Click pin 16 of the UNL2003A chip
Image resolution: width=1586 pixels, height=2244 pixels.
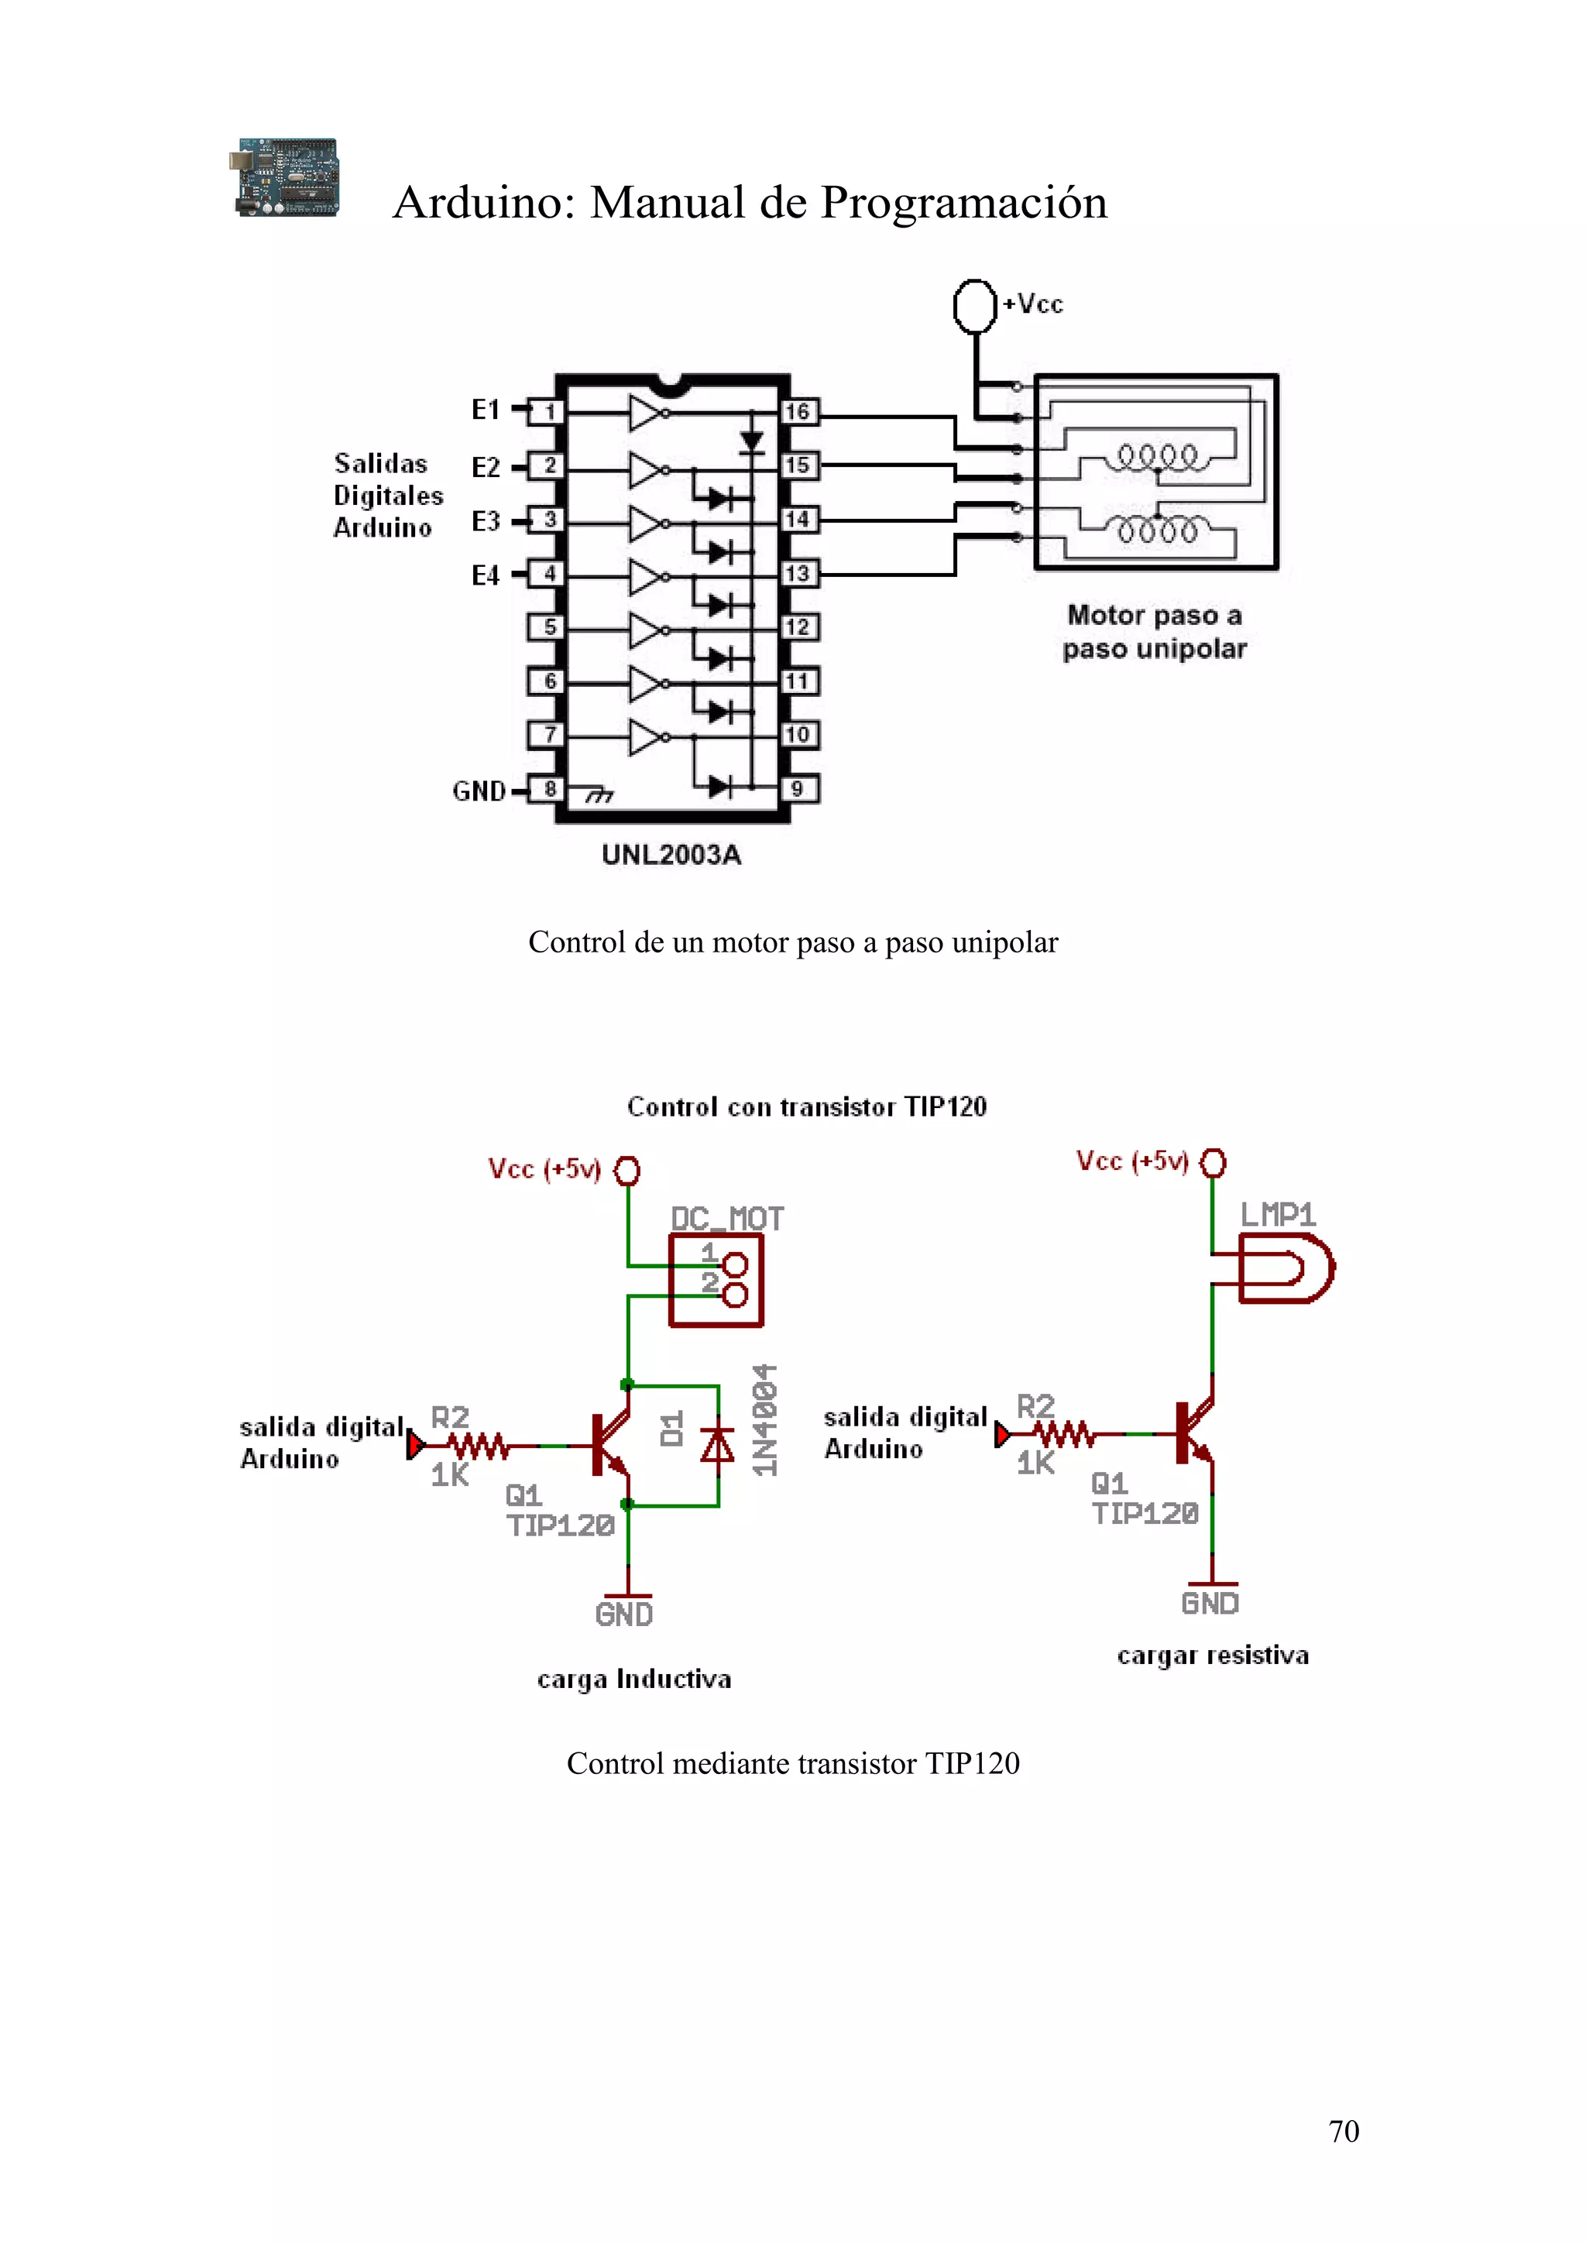[x=798, y=411]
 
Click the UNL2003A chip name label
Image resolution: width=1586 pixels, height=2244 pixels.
[x=671, y=854]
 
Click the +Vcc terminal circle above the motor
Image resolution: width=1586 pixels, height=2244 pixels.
[x=974, y=306]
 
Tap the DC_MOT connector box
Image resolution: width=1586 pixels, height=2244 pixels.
[x=716, y=1280]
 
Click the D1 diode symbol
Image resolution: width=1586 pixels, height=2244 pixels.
[x=718, y=1445]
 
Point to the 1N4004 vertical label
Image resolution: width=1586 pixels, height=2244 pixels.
[x=765, y=1419]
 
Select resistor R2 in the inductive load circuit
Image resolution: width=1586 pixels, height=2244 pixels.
[x=478, y=1445]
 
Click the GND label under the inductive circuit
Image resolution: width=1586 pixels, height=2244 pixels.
[x=624, y=1614]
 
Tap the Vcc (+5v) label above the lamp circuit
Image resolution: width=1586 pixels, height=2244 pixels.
[x=1131, y=1160]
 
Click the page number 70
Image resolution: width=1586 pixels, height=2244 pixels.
[x=1343, y=2131]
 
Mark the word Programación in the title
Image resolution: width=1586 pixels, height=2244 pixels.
[x=963, y=202]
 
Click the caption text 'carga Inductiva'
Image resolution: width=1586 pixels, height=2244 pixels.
[x=634, y=1679]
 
